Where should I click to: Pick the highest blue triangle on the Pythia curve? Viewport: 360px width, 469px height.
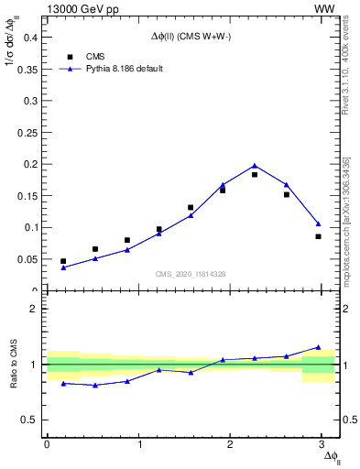[255, 166]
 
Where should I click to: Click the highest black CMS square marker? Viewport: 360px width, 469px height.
[255, 174]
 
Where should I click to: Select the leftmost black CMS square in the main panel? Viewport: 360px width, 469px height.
[63, 261]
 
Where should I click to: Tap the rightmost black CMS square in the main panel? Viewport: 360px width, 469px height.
[318, 236]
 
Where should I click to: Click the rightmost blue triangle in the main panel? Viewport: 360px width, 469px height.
[318, 224]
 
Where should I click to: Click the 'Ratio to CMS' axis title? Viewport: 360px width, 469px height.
[14, 364]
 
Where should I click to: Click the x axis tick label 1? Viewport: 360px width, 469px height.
[140, 443]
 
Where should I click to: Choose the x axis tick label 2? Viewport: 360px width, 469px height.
[233, 443]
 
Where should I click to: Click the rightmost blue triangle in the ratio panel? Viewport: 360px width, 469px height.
[318, 347]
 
